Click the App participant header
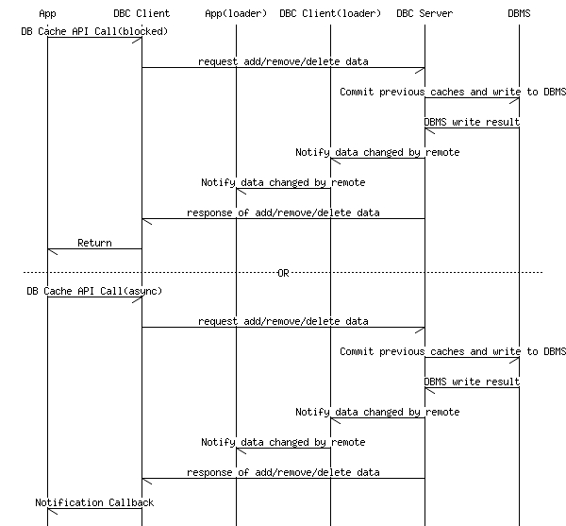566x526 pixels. click(x=48, y=14)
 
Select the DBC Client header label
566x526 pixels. click(x=141, y=14)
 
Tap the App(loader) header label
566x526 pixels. click(x=236, y=14)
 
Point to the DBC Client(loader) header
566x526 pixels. click(x=330, y=14)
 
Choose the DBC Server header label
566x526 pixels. click(x=424, y=14)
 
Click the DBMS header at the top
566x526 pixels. click(x=519, y=14)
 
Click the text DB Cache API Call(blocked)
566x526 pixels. click(x=94, y=31)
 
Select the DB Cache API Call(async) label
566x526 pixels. click(x=94, y=291)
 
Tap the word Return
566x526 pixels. click(x=94, y=243)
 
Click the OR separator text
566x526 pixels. click(x=283, y=273)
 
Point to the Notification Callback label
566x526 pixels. click(x=94, y=502)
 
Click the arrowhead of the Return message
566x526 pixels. click(x=48, y=249)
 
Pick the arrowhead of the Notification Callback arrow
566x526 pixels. click(x=48, y=509)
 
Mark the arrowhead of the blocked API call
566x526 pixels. click(x=141, y=38)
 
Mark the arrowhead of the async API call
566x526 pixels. click(x=141, y=297)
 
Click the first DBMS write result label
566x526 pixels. click(x=472, y=122)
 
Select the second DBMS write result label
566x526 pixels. click(x=472, y=382)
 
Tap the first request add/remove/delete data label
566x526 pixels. click(x=283, y=61)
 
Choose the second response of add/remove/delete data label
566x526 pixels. click(x=283, y=472)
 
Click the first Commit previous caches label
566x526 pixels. click(x=453, y=92)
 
